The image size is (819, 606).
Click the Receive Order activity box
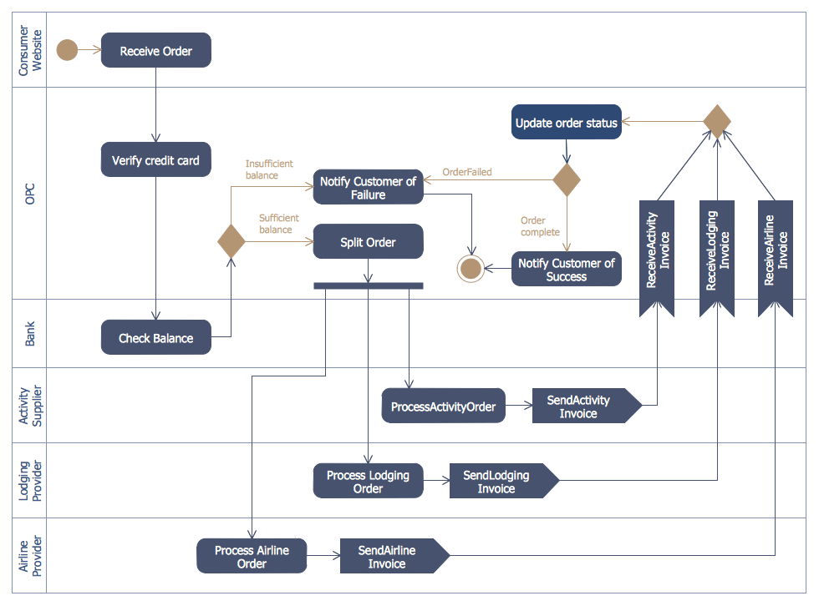pyautogui.click(x=155, y=50)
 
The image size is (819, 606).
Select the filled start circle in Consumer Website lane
pyautogui.click(x=67, y=50)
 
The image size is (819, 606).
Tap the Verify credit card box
pyautogui.click(x=155, y=160)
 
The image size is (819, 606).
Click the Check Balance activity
pyautogui.click(x=155, y=338)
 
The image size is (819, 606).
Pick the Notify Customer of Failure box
pyautogui.click(x=368, y=188)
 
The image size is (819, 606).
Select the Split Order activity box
pyautogui.click(x=368, y=242)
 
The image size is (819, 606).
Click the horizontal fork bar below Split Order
pyautogui.click(x=368, y=285)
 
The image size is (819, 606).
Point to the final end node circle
pyautogui.click(x=471, y=269)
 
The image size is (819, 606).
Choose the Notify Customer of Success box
pyautogui.click(x=566, y=269)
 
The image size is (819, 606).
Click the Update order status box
pyautogui.click(x=566, y=123)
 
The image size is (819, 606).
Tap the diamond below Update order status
pyautogui.click(x=567, y=179)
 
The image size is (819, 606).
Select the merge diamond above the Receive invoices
pyautogui.click(x=716, y=121)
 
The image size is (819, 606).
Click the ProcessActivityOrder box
pyautogui.click(x=443, y=407)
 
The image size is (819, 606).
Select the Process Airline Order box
pyautogui.click(x=252, y=557)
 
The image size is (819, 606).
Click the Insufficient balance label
pyautogui.click(x=268, y=169)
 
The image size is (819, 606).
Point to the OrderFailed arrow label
pyautogui.click(x=466, y=172)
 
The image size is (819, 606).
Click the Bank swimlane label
pyautogui.click(x=30, y=334)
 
